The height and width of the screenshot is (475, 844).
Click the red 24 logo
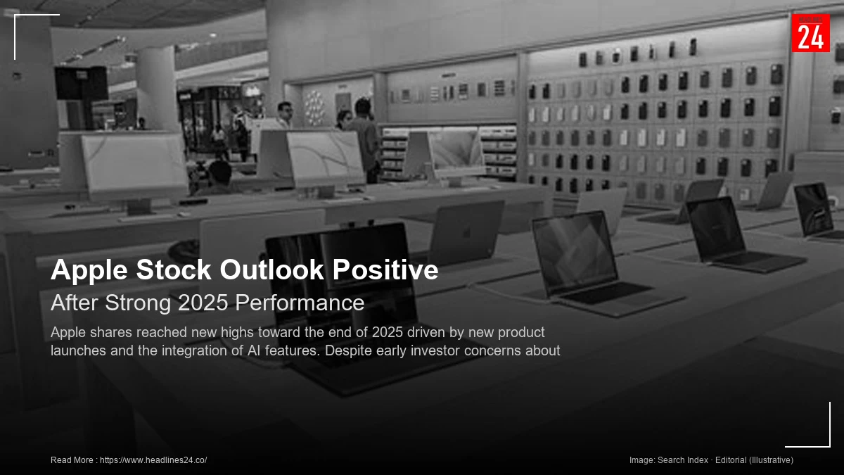coord(810,33)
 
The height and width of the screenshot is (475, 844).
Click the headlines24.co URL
coord(153,460)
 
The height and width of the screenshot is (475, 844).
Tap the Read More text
coord(72,460)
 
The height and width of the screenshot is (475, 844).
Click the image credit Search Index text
coord(682,460)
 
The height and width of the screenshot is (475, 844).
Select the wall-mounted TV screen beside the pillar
coord(82,83)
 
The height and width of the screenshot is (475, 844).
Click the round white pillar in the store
coord(155,88)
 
